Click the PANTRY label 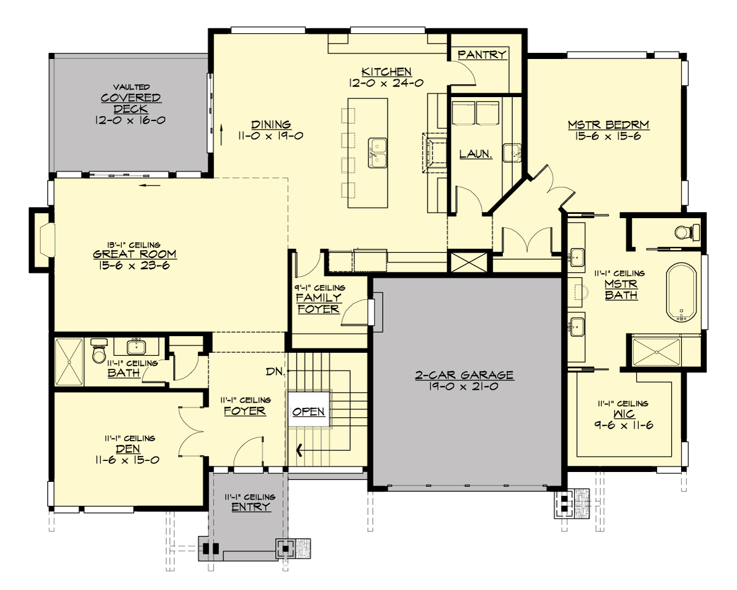point(482,55)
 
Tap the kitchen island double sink point(378,152)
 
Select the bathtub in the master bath point(680,293)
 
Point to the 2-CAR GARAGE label point(464,374)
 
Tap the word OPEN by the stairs point(308,411)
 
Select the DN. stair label point(275,372)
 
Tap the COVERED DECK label point(131,103)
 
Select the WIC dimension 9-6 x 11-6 point(623,425)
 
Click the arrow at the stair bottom point(300,451)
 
